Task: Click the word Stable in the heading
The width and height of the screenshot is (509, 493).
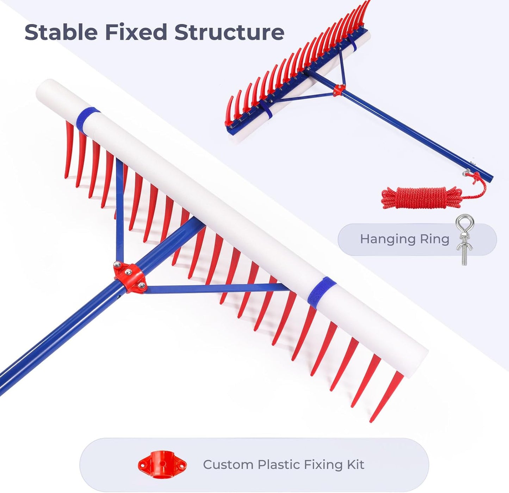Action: (x=61, y=32)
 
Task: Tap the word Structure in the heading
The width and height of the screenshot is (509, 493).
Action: (x=229, y=32)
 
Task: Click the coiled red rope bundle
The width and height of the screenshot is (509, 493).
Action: (x=422, y=197)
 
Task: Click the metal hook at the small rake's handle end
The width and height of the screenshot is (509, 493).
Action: (x=467, y=173)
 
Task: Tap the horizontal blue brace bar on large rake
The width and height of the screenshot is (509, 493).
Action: (x=215, y=288)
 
